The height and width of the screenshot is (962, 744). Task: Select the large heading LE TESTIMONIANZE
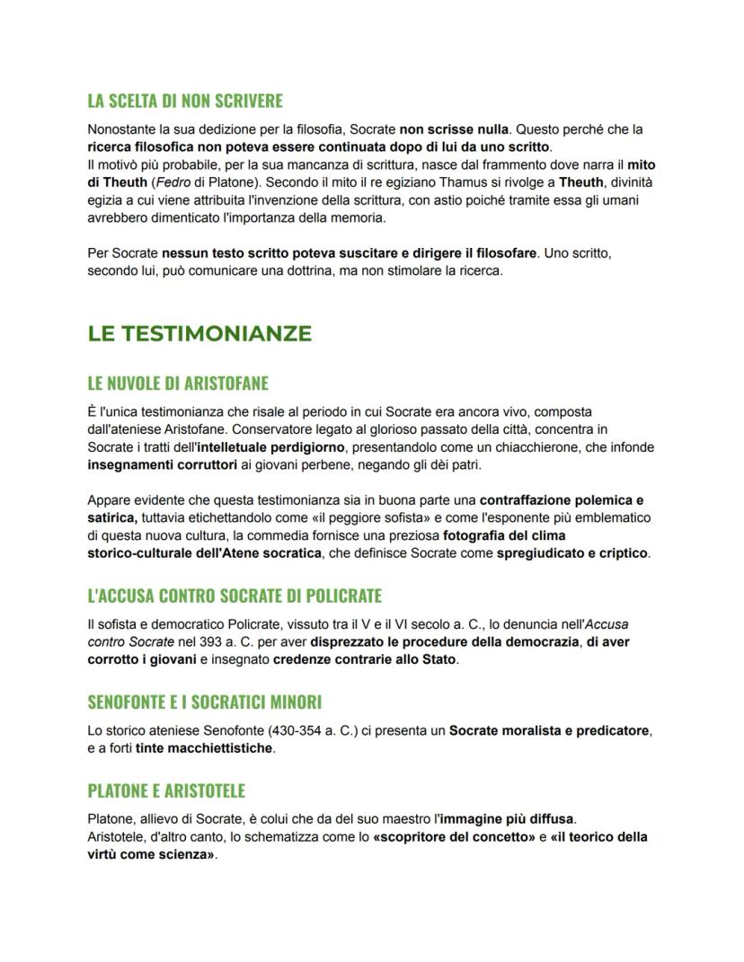click(199, 333)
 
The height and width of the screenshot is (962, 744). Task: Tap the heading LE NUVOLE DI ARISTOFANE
click(178, 384)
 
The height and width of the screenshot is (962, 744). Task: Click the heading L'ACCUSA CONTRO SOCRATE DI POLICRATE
click(235, 596)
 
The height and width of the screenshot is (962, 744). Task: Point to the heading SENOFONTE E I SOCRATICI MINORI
click(205, 702)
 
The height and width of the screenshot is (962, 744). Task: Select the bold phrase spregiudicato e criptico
click(572, 553)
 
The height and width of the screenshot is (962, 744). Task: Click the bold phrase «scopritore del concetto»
click(454, 837)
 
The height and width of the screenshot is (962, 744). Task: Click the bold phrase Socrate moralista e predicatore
click(549, 730)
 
